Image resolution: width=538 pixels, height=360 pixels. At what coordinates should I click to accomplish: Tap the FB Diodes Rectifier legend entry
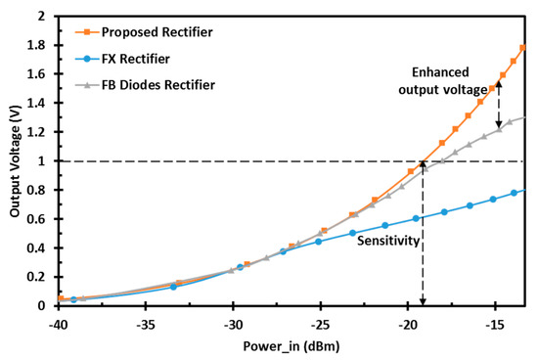(x=148, y=85)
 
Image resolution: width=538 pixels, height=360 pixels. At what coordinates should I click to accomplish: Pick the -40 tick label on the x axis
(x=60, y=323)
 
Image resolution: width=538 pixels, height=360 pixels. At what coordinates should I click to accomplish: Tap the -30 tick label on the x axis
(x=233, y=323)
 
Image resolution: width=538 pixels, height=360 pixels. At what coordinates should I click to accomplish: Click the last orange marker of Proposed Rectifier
(x=523, y=47)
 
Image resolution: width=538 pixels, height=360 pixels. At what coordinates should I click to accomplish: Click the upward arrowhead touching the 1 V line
(x=423, y=165)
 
